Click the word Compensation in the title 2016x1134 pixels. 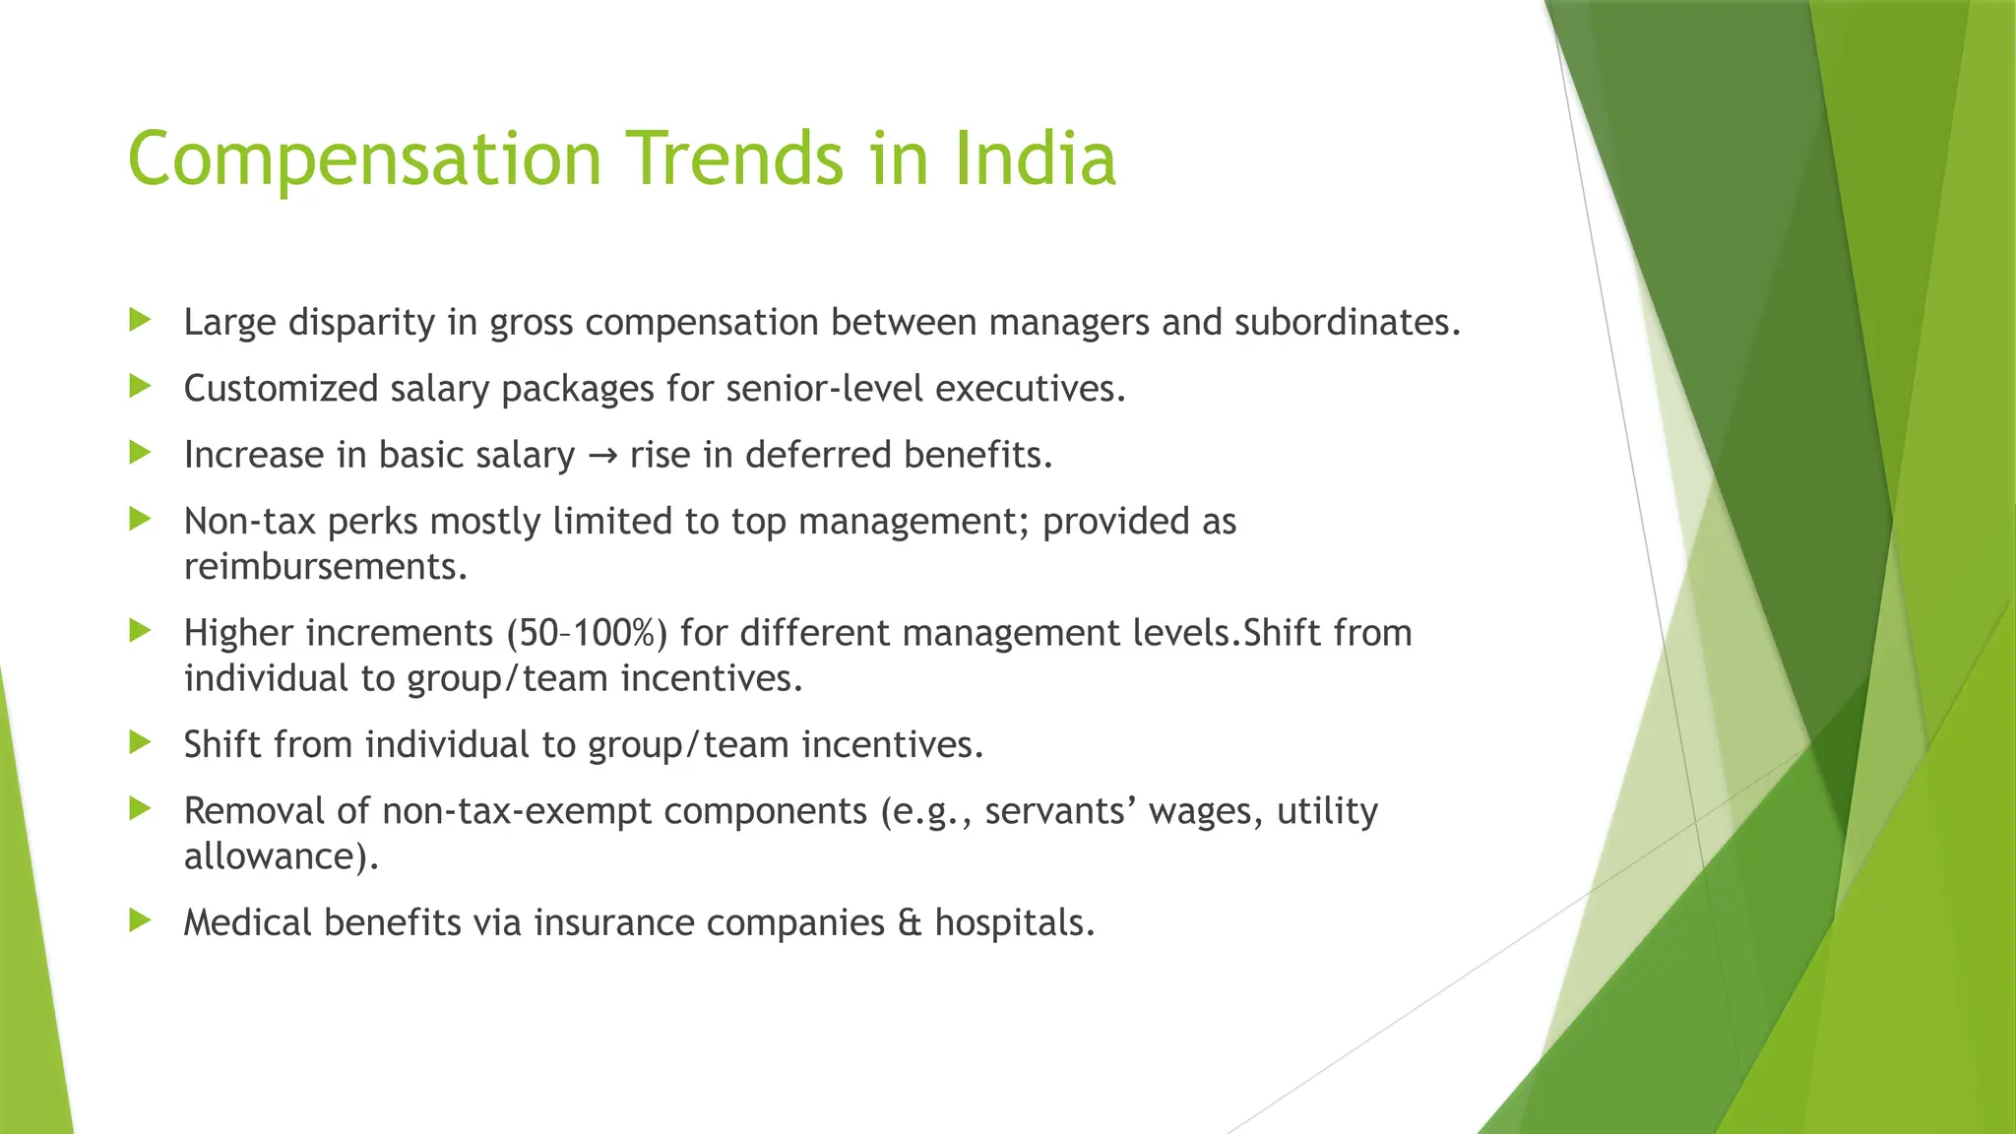tap(364, 158)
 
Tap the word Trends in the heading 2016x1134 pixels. tap(736, 158)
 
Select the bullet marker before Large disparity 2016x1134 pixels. tap(140, 320)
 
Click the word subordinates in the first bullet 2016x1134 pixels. tap(1347, 323)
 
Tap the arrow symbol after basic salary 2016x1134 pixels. tap(601, 456)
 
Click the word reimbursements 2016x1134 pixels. tap(325, 567)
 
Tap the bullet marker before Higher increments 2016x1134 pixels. tap(140, 630)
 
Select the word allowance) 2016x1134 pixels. tap(282, 856)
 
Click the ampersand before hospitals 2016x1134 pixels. tap(910, 923)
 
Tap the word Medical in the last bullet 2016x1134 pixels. tap(247, 923)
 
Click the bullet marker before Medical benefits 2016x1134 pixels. tap(140, 920)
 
